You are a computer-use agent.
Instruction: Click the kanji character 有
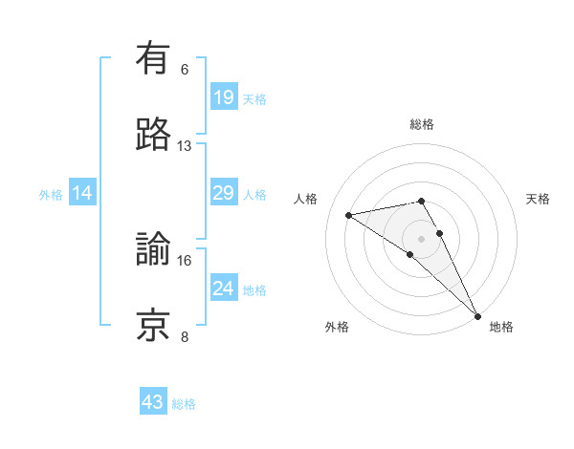154,59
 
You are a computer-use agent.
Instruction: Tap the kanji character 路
154,135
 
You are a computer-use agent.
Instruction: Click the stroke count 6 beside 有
185,70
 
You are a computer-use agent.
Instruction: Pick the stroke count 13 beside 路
185,145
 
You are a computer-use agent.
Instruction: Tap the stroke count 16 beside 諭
185,260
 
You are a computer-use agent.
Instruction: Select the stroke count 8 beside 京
185,336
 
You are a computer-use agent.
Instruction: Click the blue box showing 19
224,97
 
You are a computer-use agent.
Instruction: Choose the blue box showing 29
224,193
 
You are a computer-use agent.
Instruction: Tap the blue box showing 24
224,289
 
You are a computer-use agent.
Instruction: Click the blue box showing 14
82,193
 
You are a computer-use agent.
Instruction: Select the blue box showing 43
153,402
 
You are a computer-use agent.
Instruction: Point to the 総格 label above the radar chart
422,124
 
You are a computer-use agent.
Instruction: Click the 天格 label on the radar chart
539,199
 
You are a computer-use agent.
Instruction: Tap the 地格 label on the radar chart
501,327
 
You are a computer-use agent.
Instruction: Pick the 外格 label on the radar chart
337,327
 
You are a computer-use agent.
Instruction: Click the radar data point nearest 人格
349,215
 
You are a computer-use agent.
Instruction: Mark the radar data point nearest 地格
477,314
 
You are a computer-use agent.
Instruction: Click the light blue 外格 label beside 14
51,194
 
